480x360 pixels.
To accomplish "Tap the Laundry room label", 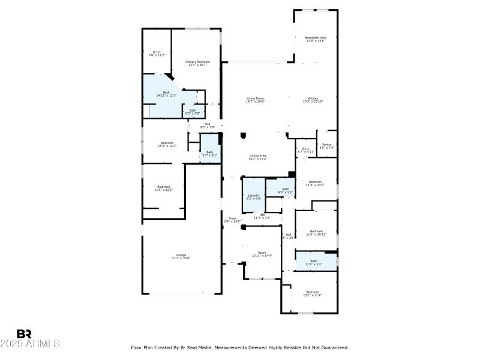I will pos(253,196).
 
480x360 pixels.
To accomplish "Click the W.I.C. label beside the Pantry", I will pos(305,150).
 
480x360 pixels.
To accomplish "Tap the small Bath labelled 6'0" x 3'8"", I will pos(193,111).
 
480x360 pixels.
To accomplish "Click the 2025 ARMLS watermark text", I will pos(30,344).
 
